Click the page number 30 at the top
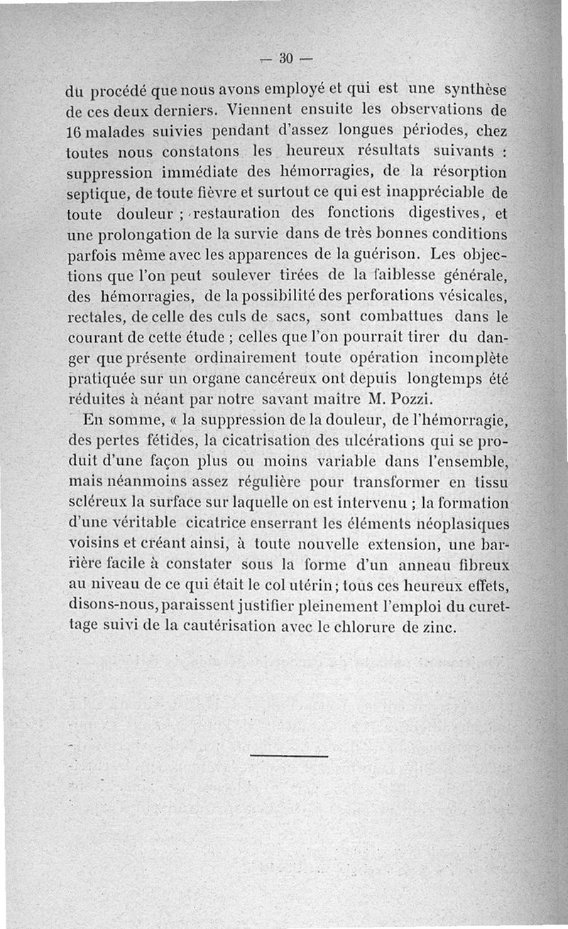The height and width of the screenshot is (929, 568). tap(286, 58)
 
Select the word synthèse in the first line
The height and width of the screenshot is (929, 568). tap(474, 91)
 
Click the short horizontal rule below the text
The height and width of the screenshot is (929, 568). tap(290, 756)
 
